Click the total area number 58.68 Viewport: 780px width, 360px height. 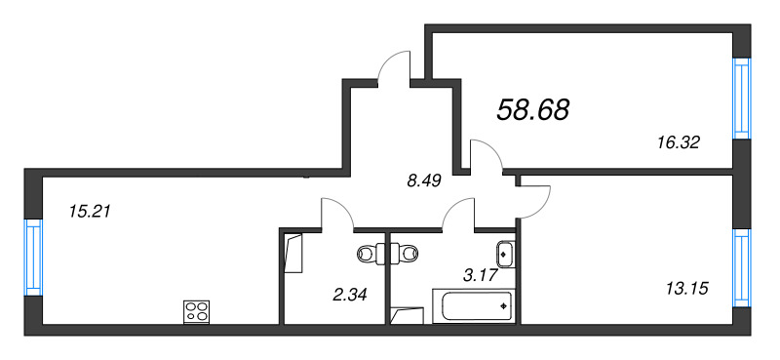coord(533,109)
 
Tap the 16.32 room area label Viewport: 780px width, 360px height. coord(680,141)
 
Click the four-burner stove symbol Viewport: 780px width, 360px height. coord(197,312)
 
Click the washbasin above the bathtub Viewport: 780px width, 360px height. coord(504,254)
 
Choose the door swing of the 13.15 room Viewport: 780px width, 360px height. coord(533,200)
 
